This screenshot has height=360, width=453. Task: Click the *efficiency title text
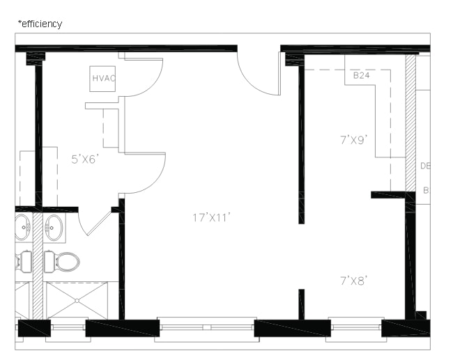[40, 24]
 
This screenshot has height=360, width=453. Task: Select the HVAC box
[103, 78]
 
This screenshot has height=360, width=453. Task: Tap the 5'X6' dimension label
[85, 159]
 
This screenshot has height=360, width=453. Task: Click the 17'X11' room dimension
[211, 217]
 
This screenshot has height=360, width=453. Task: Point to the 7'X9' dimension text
[353, 140]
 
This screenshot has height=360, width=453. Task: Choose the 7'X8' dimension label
[353, 281]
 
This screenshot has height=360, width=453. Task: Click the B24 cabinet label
[360, 75]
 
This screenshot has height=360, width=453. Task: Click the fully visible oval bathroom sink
[54, 228]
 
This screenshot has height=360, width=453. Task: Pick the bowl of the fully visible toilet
[68, 262]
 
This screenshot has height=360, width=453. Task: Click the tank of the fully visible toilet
[49, 262]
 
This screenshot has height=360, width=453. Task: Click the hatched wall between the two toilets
[38, 265]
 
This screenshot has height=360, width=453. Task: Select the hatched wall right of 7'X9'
[410, 122]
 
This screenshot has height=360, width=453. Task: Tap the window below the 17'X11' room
[205, 328]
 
